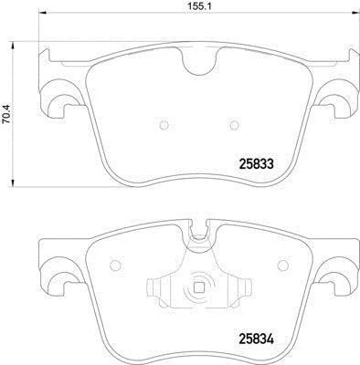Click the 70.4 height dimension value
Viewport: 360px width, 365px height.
[x=6, y=114]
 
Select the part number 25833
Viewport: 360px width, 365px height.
[x=257, y=164]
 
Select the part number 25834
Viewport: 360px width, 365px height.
[x=257, y=339]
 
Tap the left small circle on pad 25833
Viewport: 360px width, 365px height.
[x=164, y=125]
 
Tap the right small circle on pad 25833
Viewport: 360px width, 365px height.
[x=234, y=125]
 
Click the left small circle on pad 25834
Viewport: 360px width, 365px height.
[x=115, y=266]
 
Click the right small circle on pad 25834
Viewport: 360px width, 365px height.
[x=283, y=266]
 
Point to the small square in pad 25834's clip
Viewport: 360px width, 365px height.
[x=199, y=287]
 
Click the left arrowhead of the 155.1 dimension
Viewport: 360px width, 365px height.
[x=42, y=13]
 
